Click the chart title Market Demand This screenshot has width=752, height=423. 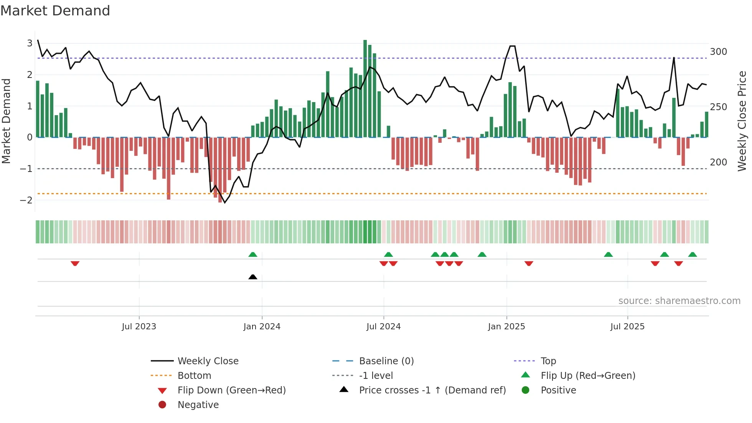[55, 11]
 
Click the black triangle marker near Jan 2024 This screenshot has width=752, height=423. [253, 277]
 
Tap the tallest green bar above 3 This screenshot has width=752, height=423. [365, 88]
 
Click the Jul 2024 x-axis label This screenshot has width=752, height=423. [383, 327]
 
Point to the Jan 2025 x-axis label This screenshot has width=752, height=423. [506, 327]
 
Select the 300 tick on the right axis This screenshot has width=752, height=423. [718, 52]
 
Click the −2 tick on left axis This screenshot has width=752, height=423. [26, 200]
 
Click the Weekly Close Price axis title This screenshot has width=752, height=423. [742, 121]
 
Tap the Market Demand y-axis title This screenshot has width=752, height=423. [7, 121]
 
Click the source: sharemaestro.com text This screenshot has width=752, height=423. [679, 301]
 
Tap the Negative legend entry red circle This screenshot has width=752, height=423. [162, 405]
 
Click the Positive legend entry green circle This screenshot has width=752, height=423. [526, 390]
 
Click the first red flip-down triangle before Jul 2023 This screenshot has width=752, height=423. [75, 263]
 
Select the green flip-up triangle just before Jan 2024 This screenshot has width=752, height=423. [253, 254]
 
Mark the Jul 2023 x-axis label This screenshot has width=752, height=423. [139, 327]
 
